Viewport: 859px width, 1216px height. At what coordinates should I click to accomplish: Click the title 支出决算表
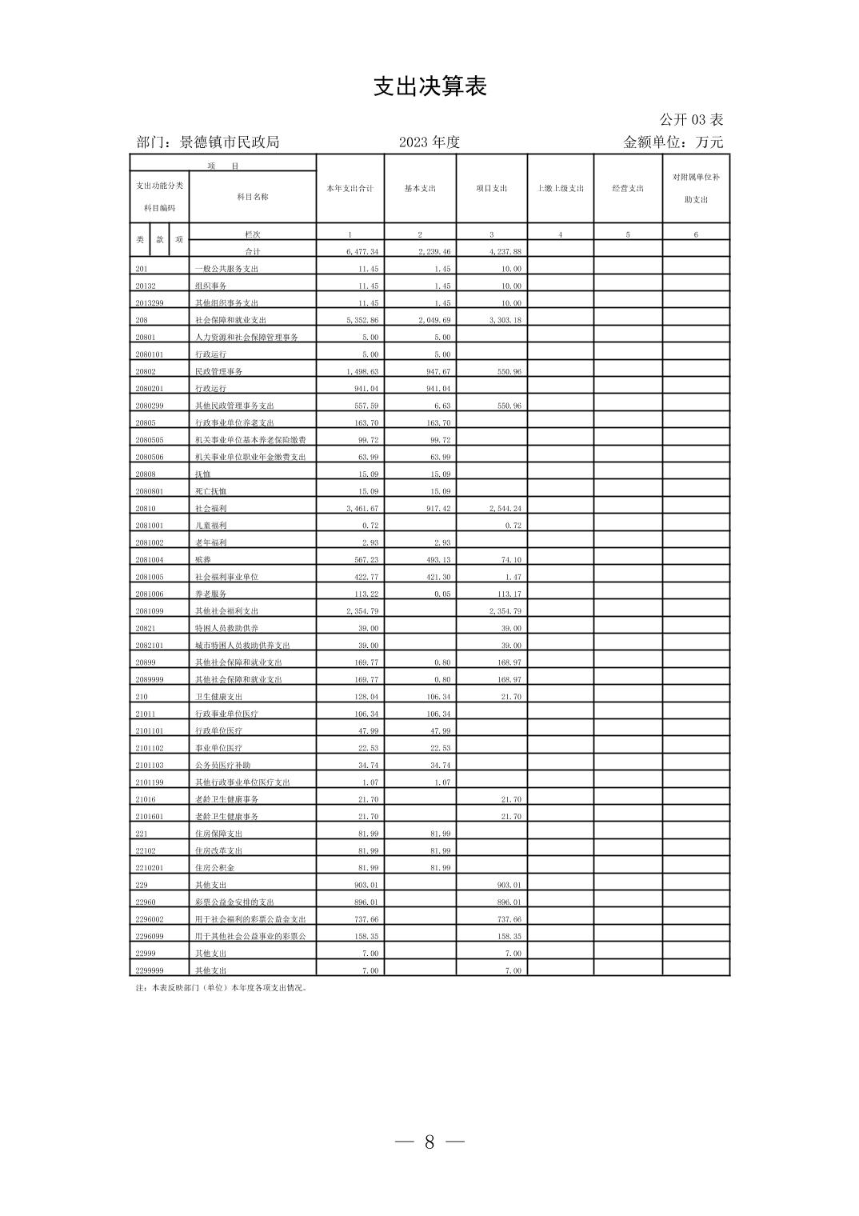tap(429, 86)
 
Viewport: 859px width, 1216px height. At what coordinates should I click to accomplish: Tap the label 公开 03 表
tap(691, 120)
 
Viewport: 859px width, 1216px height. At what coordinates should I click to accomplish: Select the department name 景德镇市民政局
tap(230, 142)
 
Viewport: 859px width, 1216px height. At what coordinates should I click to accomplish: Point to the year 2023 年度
tap(429, 142)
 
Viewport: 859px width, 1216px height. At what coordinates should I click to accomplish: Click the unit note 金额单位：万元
tap(673, 142)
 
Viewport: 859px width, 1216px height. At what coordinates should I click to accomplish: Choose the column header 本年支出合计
tap(350, 189)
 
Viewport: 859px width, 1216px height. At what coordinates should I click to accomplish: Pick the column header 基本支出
tap(420, 189)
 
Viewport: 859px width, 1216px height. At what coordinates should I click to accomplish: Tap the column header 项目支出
tap(491, 189)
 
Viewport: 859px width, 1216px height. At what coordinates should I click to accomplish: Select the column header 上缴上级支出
tap(560, 189)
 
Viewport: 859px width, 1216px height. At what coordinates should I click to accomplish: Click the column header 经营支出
tap(628, 189)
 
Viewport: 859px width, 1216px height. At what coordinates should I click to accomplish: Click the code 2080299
tap(150, 406)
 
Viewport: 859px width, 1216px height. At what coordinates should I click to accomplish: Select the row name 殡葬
tap(204, 560)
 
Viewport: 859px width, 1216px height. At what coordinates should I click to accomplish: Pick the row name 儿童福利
tap(211, 526)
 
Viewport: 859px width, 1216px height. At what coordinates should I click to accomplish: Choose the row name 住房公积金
tap(215, 868)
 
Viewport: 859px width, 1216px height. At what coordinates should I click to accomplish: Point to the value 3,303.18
tap(505, 320)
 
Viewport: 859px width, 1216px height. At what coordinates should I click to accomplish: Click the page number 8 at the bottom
tap(429, 1142)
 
